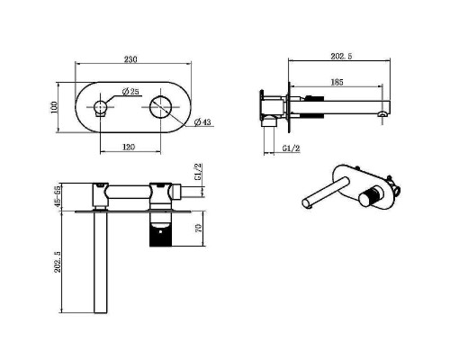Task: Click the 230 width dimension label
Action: pos(130,59)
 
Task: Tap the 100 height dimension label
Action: pos(54,107)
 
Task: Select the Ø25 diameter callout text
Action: pos(130,92)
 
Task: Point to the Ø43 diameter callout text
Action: pos(202,122)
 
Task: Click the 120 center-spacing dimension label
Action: pos(129,147)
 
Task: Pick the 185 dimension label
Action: pos(337,82)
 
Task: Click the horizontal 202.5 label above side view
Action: pos(341,56)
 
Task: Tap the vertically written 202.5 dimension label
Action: pos(58,262)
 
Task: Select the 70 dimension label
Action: pos(198,228)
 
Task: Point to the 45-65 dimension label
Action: pos(58,196)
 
